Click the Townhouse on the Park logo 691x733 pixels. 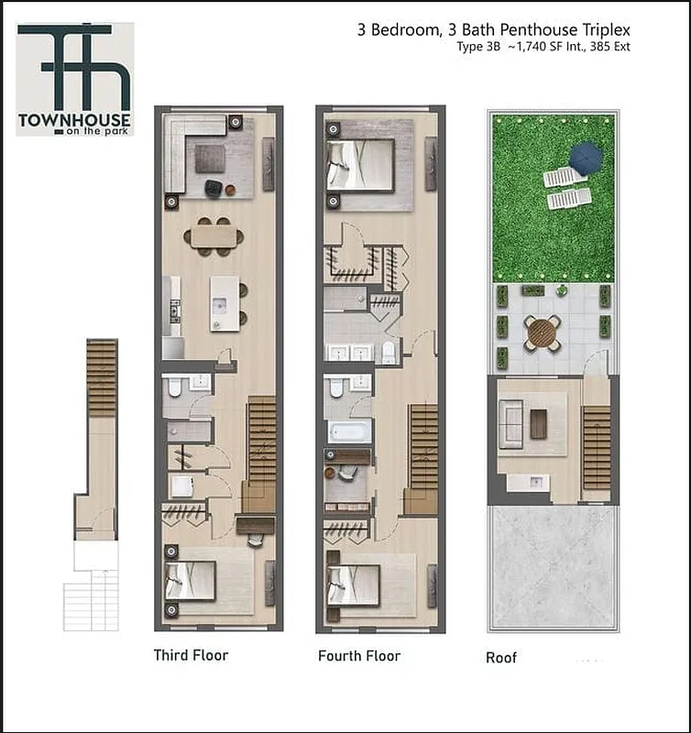pos(75,79)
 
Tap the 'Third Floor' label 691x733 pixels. pos(191,655)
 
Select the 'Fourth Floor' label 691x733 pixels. pos(359,656)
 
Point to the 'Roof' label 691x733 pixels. pos(501,658)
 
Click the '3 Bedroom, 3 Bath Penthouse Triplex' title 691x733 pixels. pos(493,29)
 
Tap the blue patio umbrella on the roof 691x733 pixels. pos(585,158)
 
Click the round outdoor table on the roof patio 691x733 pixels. pos(542,332)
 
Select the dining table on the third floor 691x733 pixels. pos(214,236)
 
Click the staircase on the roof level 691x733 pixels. pos(596,447)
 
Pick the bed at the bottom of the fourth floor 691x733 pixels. pos(356,585)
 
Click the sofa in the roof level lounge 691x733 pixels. pos(510,424)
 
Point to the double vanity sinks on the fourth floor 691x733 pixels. pos(349,353)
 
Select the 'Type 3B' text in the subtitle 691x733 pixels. pos(476,47)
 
